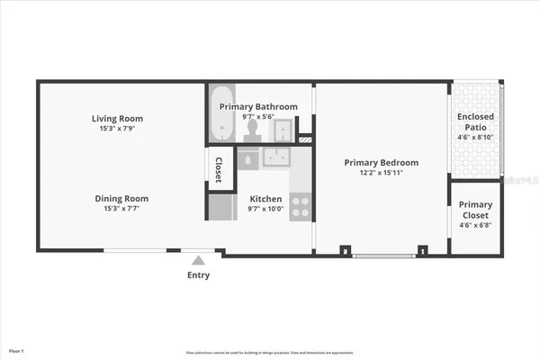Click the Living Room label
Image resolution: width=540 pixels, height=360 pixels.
pos(117,119)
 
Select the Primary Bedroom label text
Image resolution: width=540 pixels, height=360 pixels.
pos(382,163)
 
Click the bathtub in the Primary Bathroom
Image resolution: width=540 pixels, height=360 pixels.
pos(220,114)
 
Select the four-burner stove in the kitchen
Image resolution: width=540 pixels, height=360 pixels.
pos(301,206)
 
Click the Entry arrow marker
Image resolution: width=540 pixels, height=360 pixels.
pos(198,260)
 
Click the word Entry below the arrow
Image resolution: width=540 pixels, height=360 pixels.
pos(198,275)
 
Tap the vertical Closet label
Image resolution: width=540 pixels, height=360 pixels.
pos(219,167)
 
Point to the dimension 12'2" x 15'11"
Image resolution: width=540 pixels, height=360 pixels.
pos(382,172)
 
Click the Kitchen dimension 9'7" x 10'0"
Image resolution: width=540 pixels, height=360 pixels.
pos(265,209)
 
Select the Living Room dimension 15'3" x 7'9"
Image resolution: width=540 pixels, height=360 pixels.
pos(117,128)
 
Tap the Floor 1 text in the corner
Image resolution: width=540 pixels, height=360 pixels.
pos(17,350)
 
